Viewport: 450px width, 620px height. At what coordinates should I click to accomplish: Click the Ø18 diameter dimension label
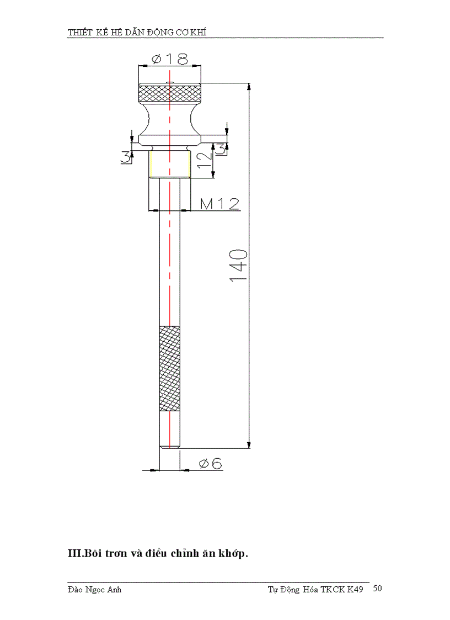tap(170, 59)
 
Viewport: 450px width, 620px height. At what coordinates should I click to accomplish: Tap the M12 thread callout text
tap(219, 204)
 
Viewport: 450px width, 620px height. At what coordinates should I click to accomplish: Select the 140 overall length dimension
tap(238, 266)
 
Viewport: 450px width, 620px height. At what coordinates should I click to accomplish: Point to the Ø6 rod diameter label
tap(210, 463)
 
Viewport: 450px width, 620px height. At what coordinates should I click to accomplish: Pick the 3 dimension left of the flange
tap(126, 157)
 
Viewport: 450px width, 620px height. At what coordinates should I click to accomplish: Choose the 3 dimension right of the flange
tap(220, 148)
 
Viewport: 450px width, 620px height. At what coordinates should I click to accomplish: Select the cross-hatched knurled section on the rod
tap(169, 368)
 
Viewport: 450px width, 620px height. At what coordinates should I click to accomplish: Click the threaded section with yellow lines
tap(170, 164)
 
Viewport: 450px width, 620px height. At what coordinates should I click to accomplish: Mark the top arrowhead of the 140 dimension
tap(249, 87)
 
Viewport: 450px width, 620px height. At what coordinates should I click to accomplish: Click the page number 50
tap(378, 589)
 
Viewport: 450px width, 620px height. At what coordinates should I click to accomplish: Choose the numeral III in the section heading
tap(74, 554)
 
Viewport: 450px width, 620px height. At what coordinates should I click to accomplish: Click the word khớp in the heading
tap(234, 554)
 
